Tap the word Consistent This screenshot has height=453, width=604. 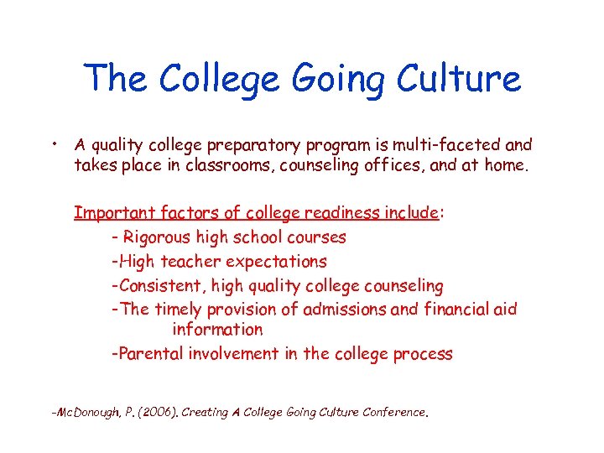(x=164, y=286)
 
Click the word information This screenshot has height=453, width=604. (x=217, y=330)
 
